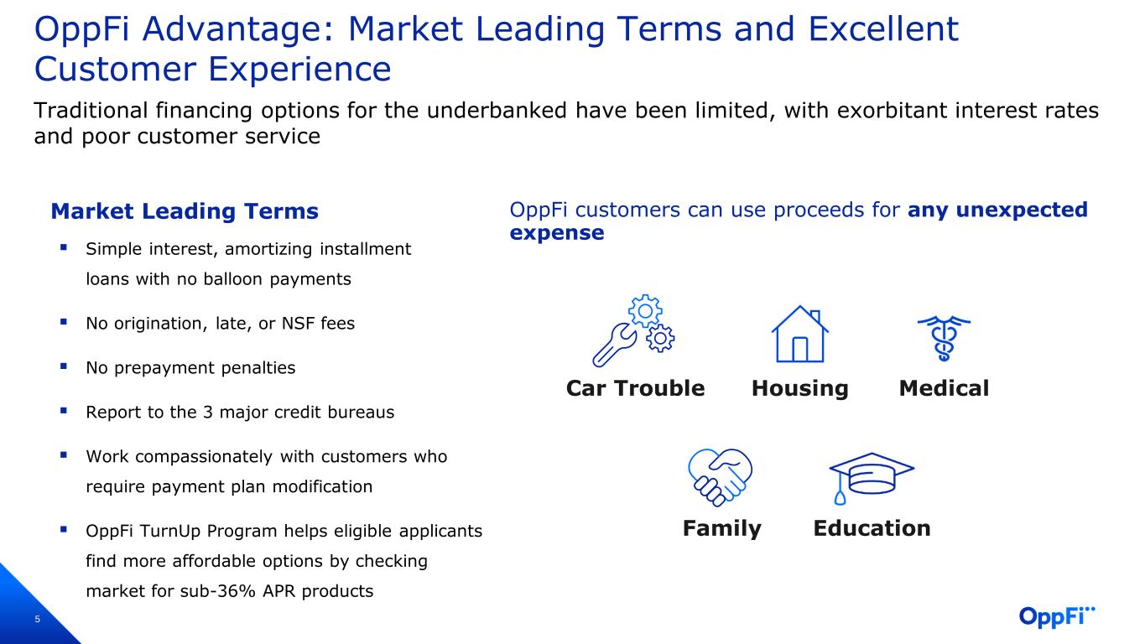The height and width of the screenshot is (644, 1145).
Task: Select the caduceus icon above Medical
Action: tap(944, 338)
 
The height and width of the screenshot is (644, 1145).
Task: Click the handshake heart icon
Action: tap(721, 477)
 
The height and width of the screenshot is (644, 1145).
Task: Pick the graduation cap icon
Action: tap(871, 478)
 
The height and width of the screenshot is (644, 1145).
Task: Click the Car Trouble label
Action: tap(635, 388)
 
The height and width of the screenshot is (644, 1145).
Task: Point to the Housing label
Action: tap(800, 389)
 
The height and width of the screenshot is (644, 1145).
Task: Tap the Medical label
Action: tap(945, 388)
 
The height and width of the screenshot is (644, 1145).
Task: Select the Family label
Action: tap(721, 528)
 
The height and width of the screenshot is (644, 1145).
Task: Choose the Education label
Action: tap(872, 528)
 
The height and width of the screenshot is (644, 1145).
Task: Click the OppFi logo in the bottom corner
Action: tap(1057, 616)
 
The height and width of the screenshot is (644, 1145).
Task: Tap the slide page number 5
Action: tap(37, 620)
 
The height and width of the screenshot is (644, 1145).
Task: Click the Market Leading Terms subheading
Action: tap(185, 211)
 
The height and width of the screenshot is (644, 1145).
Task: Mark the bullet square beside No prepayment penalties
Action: tap(64, 366)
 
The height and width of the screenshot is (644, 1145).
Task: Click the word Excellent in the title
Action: tap(883, 29)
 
